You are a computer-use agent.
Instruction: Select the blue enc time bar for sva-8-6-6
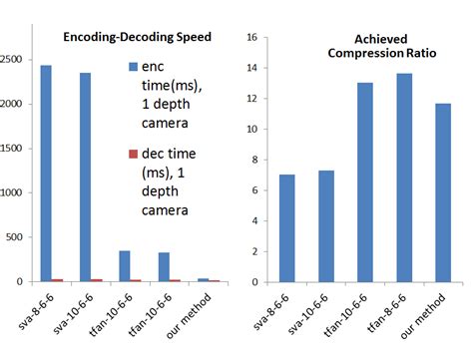pyautogui.click(x=46, y=174)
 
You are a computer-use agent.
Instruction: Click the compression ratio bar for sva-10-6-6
pyautogui.click(x=325, y=226)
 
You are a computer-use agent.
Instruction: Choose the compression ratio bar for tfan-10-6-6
pyautogui.click(x=365, y=182)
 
